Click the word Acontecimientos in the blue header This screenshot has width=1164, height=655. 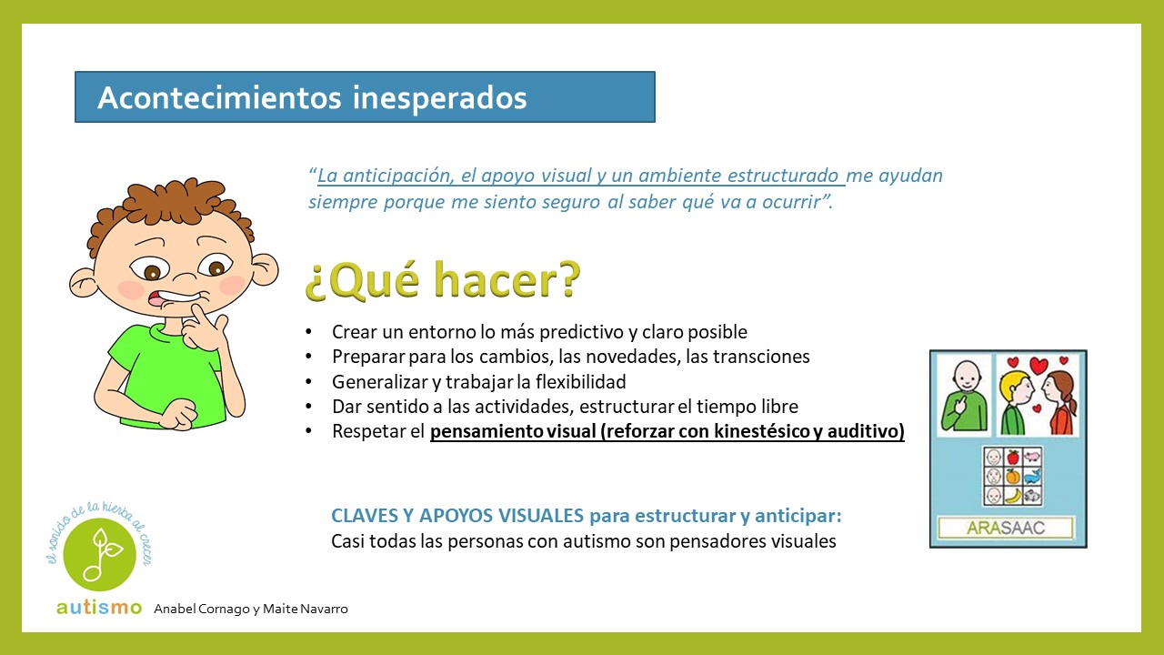[219, 97]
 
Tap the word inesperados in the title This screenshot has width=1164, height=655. [439, 98]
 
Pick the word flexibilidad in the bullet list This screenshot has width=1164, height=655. [581, 381]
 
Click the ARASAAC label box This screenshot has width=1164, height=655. [1006, 529]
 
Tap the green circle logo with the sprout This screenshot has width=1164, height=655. [99, 554]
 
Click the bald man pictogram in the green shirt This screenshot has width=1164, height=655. [965, 396]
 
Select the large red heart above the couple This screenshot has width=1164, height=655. [1039, 366]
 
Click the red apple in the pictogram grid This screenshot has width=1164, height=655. [1013, 458]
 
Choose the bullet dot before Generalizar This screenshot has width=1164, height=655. [308, 381]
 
